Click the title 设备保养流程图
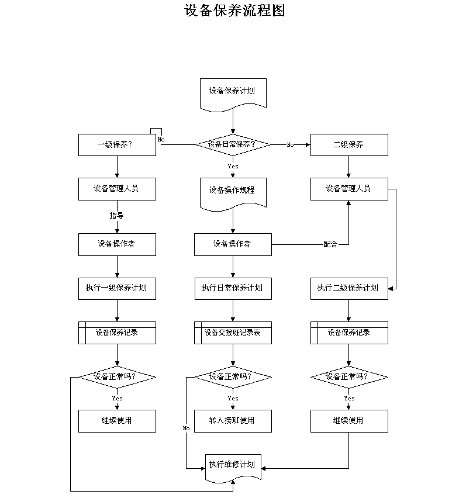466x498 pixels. point(234,11)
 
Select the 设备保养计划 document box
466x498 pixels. point(233,95)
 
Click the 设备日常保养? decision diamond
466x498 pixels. point(233,144)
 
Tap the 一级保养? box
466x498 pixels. point(117,145)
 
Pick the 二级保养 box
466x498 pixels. point(349,145)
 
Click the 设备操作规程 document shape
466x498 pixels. point(233,194)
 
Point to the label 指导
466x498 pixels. point(116,215)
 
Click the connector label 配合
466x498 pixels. point(330,244)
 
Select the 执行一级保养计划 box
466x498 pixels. point(117,289)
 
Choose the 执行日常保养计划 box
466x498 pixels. point(233,289)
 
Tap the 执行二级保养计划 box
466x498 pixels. point(349,289)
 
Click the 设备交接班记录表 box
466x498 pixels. point(233,333)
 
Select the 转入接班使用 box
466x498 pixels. point(233,421)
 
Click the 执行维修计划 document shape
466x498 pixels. point(233,468)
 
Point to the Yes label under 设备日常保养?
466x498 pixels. point(233,167)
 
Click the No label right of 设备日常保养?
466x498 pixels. point(291,145)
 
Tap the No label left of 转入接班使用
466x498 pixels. point(186,428)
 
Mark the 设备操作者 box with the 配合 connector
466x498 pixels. point(233,244)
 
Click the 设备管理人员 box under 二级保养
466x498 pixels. point(349,189)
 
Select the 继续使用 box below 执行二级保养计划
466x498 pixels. point(349,421)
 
